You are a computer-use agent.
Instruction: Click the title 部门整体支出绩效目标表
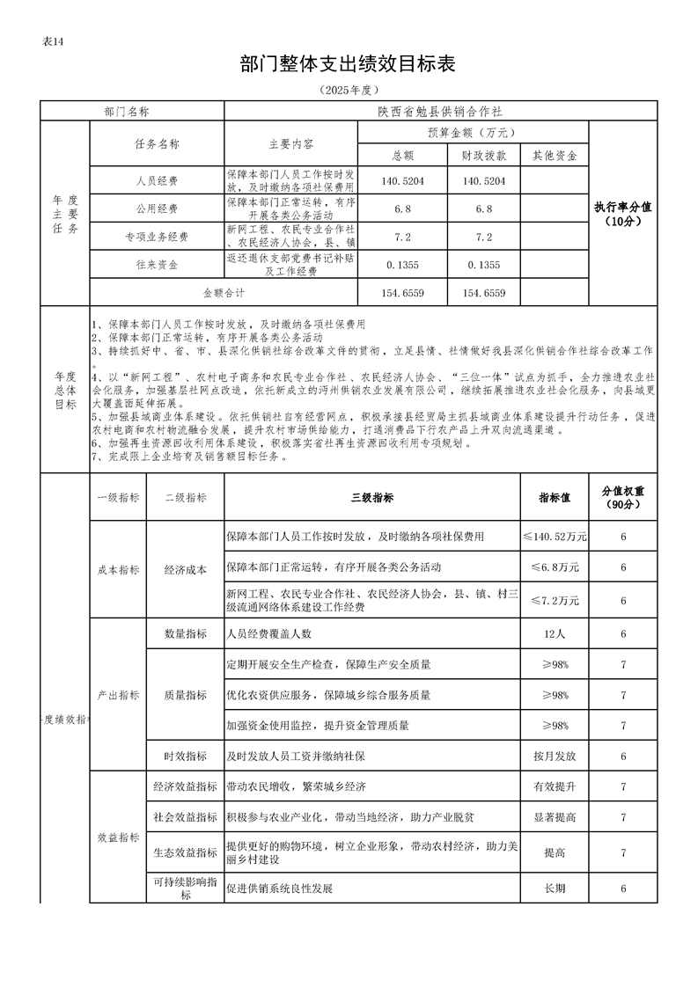pyautogui.click(x=349, y=63)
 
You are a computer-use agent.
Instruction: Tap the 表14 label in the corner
pyautogui.click(x=54, y=42)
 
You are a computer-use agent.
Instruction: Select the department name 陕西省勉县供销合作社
pyautogui.click(x=440, y=112)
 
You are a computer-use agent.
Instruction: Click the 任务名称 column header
pyautogui.click(x=157, y=143)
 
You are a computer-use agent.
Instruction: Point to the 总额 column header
pyautogui.click(x=403, y=156)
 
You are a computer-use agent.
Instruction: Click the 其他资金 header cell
pyautogui.click(x=555, y=156)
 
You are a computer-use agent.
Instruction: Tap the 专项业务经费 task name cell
pyautogui.click(x=157, y=238)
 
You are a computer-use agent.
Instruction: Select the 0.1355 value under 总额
pyautogui.click(x=403, y=265)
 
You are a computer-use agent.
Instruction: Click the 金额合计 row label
pyautogui.click(x=224, y=292)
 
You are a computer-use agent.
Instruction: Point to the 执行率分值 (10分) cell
pyautogui.click(x=622, y=214)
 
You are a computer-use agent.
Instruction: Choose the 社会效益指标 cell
pyautogui.click(x=185, y=817)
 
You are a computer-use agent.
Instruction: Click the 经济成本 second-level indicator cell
pyautogui.click(x=185, y=569)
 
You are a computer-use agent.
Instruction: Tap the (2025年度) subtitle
pyautogui.click(x=349, y=90)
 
